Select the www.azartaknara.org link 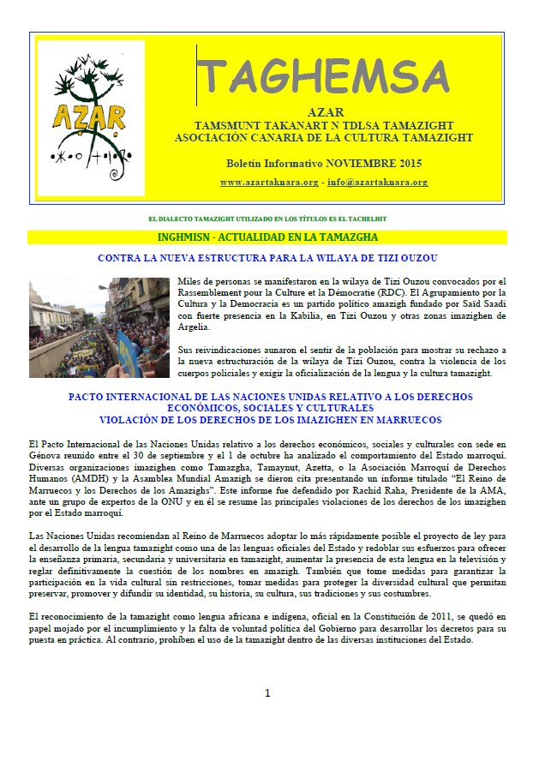(269, 183)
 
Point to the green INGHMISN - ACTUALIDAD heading (267, 237)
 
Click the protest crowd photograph (99, 327)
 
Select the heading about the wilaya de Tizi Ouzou (266, 258)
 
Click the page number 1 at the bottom (267, 693)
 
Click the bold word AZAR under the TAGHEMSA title (324, 112)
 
